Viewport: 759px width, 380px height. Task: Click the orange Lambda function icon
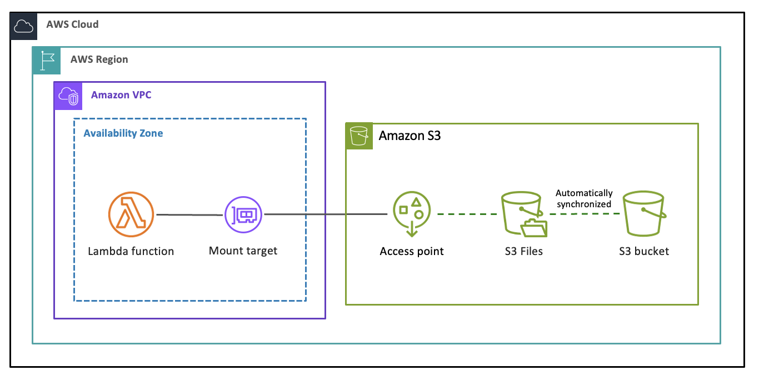click(x=131, y=214)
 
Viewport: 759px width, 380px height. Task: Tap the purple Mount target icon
click(x=243, y=214)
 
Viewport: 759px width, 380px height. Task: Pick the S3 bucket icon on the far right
click(x=643, y=214)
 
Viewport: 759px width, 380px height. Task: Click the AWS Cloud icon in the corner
click(x=24, y=26)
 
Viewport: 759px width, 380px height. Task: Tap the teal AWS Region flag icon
click(x=46, y=61)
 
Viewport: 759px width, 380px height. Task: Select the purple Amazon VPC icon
click(x=68, y=96)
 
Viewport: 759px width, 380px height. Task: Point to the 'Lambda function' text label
click(x=131, y=252)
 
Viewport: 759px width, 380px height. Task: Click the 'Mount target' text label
click(x=243, y=251)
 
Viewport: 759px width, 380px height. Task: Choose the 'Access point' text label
click(x=412, y=252)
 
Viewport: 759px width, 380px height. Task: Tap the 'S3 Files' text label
click(x=523, y=252)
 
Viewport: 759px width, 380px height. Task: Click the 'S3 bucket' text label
click(x=644, y=252)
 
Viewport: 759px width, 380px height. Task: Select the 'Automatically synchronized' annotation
click(x=584, y=198)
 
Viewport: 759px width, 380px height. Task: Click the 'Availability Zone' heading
click(x=123, y=133)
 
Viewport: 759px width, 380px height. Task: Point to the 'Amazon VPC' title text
click(x=121, y=95)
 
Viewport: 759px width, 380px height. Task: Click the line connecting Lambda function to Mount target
click(x=189, y=214)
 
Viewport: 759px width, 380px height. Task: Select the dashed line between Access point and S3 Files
click(x=468, y=214)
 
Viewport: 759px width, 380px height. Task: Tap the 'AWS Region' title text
click(x=99, y=59)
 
